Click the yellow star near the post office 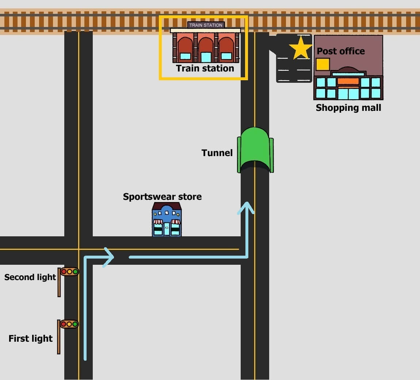pos(301,48)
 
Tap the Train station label pos(205,69)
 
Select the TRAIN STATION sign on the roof pos(206,25)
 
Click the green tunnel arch pos(255,150)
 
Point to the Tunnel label pos(217,153)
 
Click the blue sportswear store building pos(167,219)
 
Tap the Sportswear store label pos(162,197)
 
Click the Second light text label pos(30,277)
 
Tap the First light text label pos(31,338)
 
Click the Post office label pos(341,51)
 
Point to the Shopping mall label pos(348,108)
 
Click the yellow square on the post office pos(322,65)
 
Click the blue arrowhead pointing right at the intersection pos(108,257)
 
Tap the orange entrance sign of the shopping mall pos(348,81)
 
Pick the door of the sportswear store pos(167,229)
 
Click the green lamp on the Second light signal pos(75,272)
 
